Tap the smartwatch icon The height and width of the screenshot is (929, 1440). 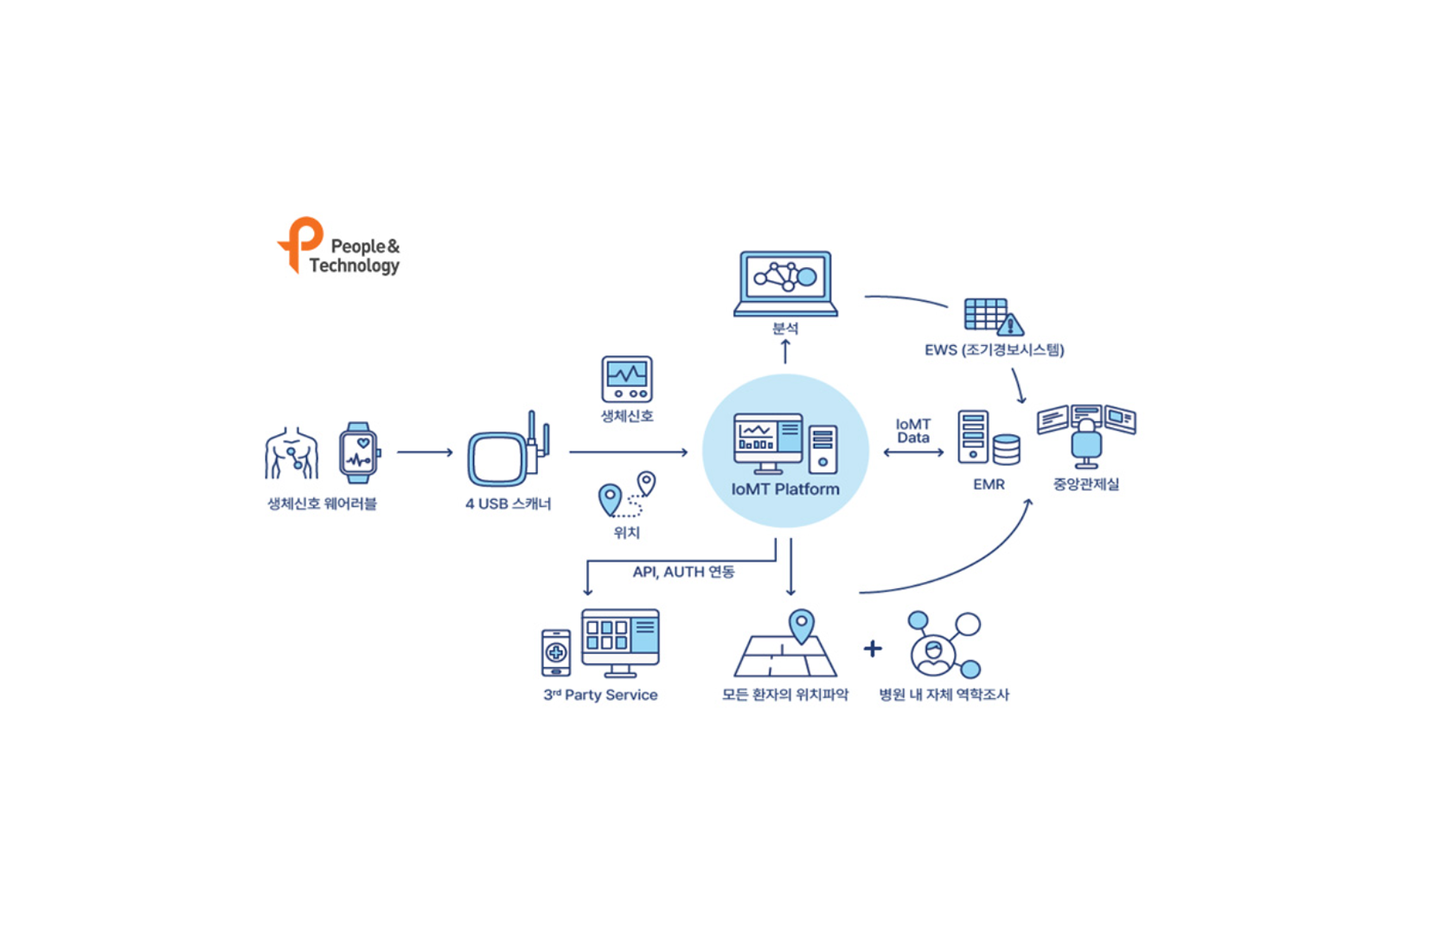point(359,452)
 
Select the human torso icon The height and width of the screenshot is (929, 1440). point(291,452)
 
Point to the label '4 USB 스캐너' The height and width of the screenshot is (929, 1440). point(508,503)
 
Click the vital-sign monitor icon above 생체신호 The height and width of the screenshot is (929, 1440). point(627,379)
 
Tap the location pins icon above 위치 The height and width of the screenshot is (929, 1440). point(626,495)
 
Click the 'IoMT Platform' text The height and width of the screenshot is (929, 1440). point(785,489)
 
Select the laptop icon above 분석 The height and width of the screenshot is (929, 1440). point(785,284)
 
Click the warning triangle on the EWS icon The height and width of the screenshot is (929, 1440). point(1010,325)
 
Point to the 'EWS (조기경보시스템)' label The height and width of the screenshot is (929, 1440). point(994,349)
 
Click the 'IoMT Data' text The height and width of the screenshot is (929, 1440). point(913,431)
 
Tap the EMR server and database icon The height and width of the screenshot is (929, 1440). point(989,439)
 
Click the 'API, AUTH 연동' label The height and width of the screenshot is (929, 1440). point(683,572)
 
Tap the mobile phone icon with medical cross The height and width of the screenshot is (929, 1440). point(556,652)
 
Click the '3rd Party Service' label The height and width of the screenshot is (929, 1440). point(600,695)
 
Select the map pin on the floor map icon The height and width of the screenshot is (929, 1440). point(802,625)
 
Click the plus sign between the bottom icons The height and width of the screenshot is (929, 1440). point(873,649)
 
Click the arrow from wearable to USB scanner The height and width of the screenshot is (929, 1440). point(425,452)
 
